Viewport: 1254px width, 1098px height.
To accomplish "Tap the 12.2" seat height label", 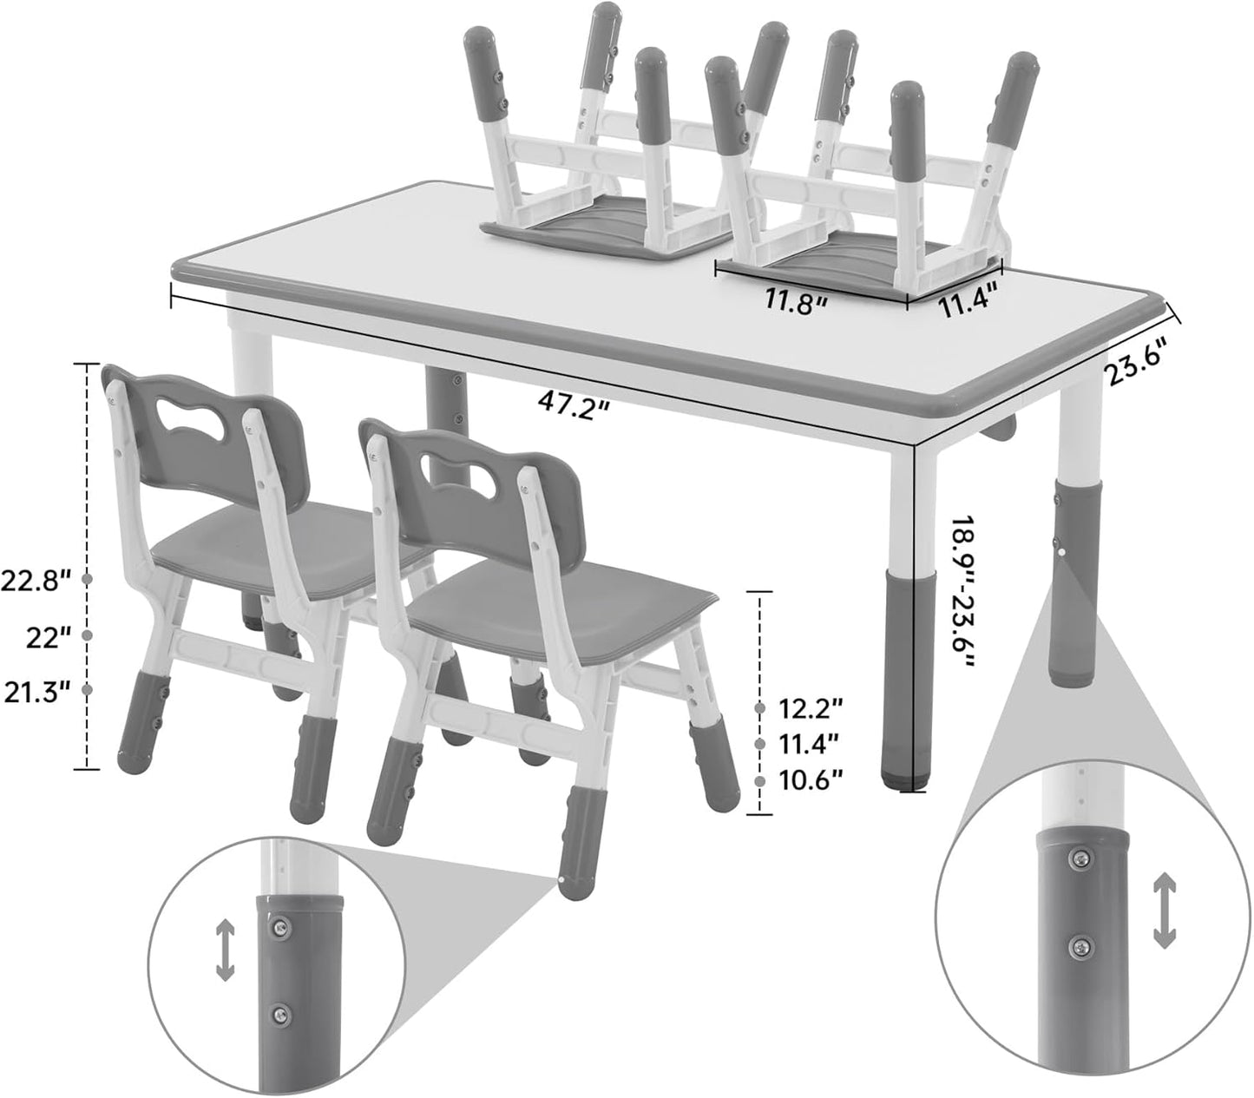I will [811, 709].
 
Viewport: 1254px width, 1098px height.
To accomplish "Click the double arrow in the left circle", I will [225, 951].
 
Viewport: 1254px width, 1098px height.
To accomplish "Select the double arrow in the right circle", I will [1164, 911].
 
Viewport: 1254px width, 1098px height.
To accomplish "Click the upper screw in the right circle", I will [1079, 858].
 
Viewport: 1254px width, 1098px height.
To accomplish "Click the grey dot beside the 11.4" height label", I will [761, 745].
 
